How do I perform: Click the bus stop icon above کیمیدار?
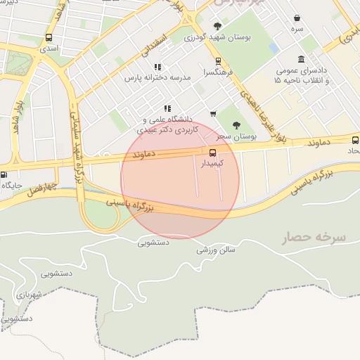point(212,151)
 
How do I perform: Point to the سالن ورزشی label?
point(216,250)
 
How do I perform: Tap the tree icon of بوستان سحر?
point(236,124)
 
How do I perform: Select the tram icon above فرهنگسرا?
point(218,61)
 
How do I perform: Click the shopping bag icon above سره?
point(297,18)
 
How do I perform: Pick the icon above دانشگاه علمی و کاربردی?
point(167,108)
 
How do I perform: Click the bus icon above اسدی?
point(49,37)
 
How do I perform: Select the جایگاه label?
point(15,186)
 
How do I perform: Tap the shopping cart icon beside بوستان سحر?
point(213,114)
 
